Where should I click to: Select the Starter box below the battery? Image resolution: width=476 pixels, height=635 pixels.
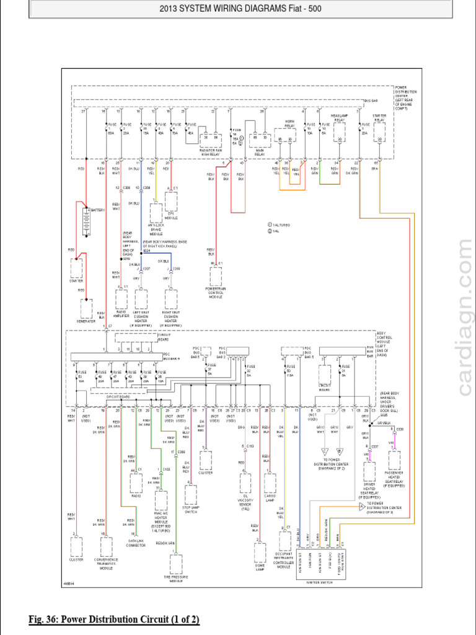(x=77, y=268)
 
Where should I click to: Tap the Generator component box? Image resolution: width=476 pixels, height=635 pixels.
(x=87, y=308)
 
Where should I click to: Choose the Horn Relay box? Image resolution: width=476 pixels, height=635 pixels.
(x=285, y=137)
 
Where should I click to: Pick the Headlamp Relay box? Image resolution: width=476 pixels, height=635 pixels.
(x=340, y=132)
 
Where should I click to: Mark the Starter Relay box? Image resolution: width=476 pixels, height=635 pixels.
(x=379, y=132)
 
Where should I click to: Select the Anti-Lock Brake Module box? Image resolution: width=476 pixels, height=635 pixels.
(x=155, y=213)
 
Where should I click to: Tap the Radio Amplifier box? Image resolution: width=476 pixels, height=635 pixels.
(x=121, y=299)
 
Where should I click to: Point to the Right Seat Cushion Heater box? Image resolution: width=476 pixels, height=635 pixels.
(x=170, y=300)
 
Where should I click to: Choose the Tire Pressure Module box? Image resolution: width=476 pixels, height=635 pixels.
(x=176, y=564)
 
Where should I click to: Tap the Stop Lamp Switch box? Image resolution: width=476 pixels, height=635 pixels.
(x=191, y=495)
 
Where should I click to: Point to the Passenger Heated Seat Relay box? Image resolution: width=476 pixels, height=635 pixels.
(x=394, y=460)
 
